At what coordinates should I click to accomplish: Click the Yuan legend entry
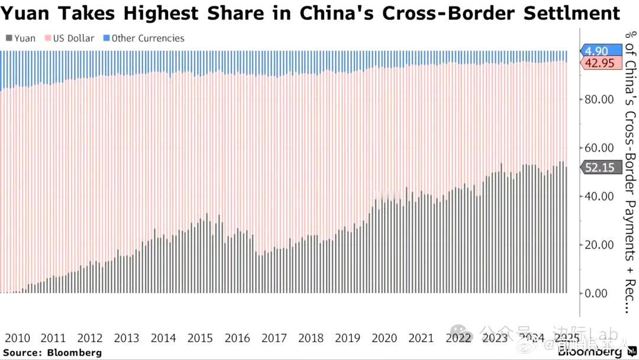coord(21,38)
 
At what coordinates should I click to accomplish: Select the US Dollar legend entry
coord(70,38)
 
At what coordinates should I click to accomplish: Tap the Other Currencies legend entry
coord(144,38)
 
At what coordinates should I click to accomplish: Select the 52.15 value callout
coord(600,168)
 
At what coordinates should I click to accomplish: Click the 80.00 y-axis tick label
coord(599,99)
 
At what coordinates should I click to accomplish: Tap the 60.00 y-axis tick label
coord(599,147)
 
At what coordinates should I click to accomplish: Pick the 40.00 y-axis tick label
coord(599,196)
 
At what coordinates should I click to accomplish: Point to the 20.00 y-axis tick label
coord(599,245)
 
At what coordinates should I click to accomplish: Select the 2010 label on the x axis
coord(17,338)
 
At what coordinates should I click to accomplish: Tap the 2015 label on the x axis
coord(200,338)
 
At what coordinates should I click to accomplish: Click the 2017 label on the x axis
coord(274,338)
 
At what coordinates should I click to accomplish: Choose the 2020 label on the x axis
coord(384,338)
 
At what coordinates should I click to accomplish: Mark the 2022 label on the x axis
coord(458,338)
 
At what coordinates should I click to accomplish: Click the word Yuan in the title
coord(27,13)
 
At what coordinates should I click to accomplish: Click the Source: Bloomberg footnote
coord(52,353)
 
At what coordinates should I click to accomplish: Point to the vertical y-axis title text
coord(630,172)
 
